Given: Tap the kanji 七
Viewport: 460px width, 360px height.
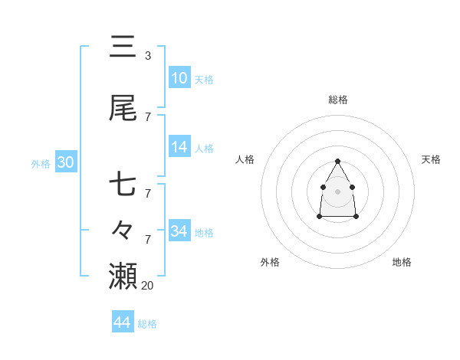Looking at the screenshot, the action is click(123, 185).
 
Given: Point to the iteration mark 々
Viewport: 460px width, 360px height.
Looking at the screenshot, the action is click(123, 229).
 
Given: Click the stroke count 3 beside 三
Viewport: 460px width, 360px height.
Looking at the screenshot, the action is click(147, 55).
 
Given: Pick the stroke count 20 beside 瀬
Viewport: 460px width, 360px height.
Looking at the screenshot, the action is click(148, 285).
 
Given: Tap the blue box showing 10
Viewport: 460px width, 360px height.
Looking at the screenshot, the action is click(179, 78).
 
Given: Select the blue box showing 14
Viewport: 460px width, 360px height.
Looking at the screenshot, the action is click(179, 147).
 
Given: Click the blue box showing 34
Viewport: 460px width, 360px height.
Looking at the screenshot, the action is click(179, 231).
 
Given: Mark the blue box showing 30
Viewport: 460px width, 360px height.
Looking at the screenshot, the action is click(65, 162).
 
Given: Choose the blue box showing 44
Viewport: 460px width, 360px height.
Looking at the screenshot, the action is click(122, 322).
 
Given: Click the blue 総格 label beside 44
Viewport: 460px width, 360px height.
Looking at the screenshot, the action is click(147, 324).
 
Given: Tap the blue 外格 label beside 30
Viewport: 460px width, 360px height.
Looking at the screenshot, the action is click(41, 163).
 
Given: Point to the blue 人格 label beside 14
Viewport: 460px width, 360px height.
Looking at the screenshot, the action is click(204, 148).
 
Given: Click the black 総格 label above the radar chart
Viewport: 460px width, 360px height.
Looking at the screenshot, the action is click(338, 100).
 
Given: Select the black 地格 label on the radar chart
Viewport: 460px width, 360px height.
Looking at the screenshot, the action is click(402, 262).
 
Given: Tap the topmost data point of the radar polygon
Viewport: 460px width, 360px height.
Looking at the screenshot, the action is click(338, 161).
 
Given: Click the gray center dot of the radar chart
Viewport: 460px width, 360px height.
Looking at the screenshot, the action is click(338, 191).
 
